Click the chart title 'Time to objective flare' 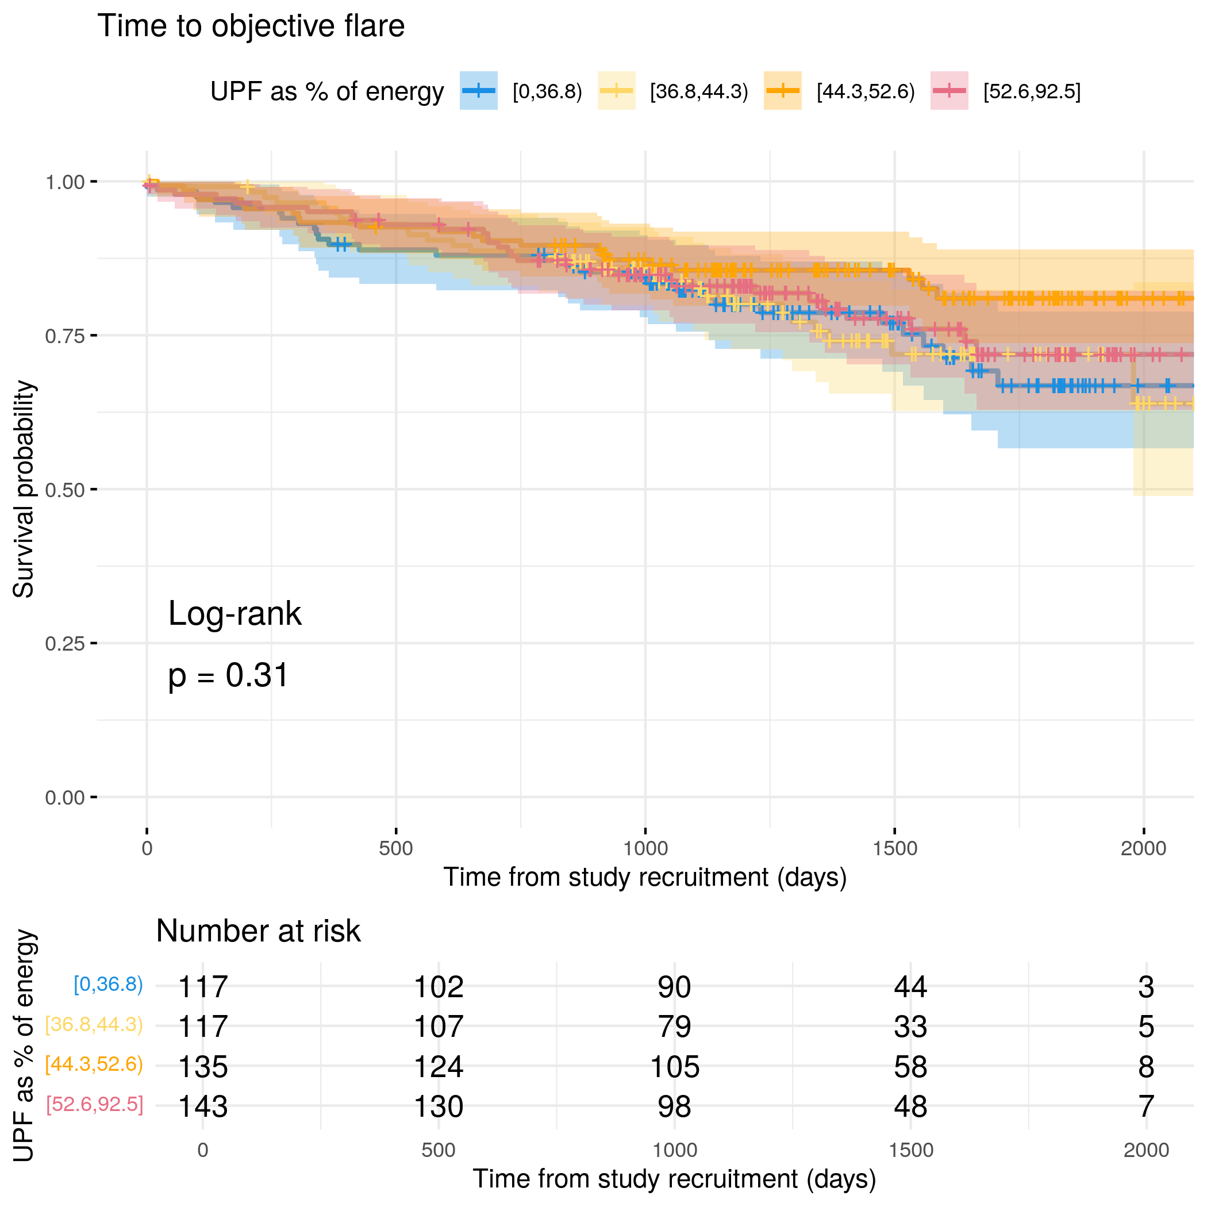coord(251,26)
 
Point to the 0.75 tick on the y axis coord(94,336)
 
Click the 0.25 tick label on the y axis coord(64,644)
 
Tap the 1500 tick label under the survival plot coord(895,848)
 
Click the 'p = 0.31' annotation coord(228,675)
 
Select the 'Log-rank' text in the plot coord(235,613)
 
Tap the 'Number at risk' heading coord(258,931)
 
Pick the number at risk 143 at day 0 coord(202,1106)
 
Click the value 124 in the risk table coord(439,1066)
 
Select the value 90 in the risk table coord(674,987)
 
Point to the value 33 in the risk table coord(910,1027)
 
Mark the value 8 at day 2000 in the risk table coord(1146,1066)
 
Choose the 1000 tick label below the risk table coord(674,1150)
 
